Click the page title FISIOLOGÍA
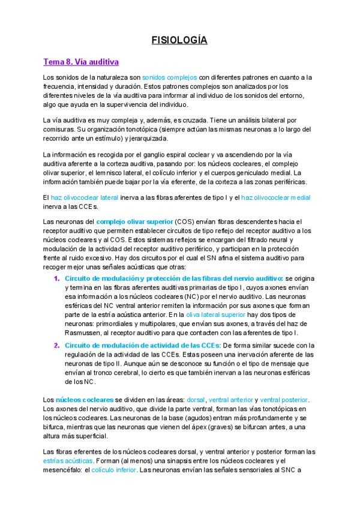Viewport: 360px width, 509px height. pyautogui.click(x=179, y=41)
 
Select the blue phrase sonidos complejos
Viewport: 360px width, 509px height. pyautogui.click(x=170, y=78)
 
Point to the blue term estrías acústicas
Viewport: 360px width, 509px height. pyautogui.click(x=64, y=460)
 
